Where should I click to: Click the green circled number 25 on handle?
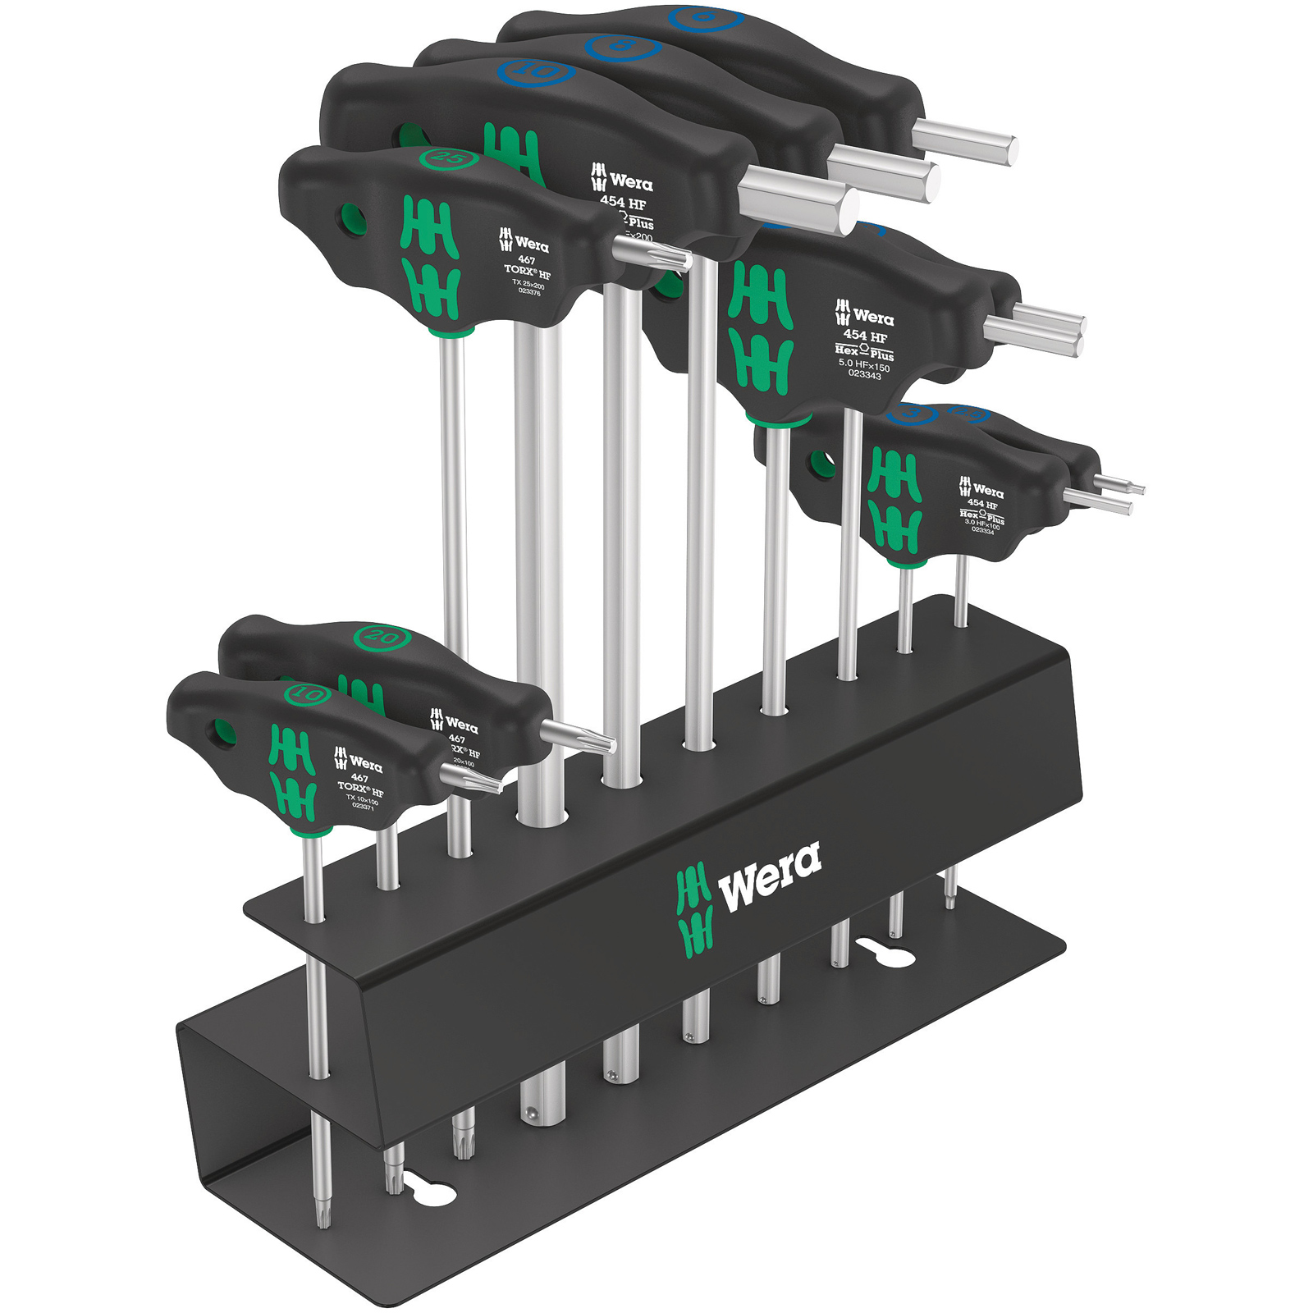[448, 158]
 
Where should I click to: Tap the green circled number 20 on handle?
[382, 636]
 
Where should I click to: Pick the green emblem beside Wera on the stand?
[694, 910]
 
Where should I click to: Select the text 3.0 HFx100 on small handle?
[981, 524]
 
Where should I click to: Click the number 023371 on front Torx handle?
[363, 806]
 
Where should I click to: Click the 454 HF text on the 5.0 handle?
[865, 336]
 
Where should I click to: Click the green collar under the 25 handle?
[451, 332]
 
